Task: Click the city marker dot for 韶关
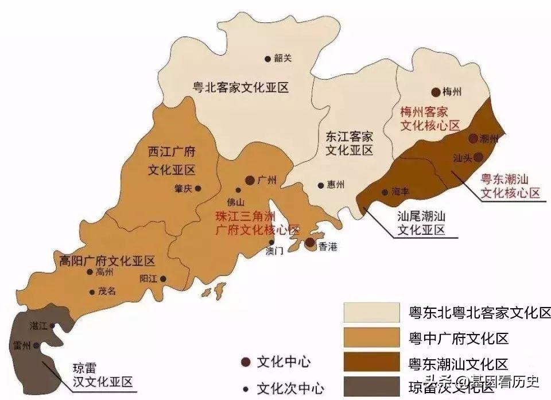[x=267, y=59]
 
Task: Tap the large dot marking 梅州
[x=436, y=92]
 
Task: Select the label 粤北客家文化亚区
[x=240, y=87]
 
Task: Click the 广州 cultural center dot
[x=250, y=180]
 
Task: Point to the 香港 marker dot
[x=310, y=243]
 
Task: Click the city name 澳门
[x=275, y=251]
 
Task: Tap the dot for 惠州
[x=321, y=185]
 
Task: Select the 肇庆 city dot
[x=198, y=188]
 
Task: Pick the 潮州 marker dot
[x=472, y=138]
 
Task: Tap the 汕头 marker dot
[x=478, y=157]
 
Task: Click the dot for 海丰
[x=385, y=192]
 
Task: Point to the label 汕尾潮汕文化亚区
[x=421, y=223]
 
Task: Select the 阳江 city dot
[x=163, y=279]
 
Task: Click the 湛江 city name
[x=39, y=325]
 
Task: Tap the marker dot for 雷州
[x=36, y=345]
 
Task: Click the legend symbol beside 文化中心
[x=246, y=362]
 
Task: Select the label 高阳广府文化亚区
[x=107, y=261]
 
